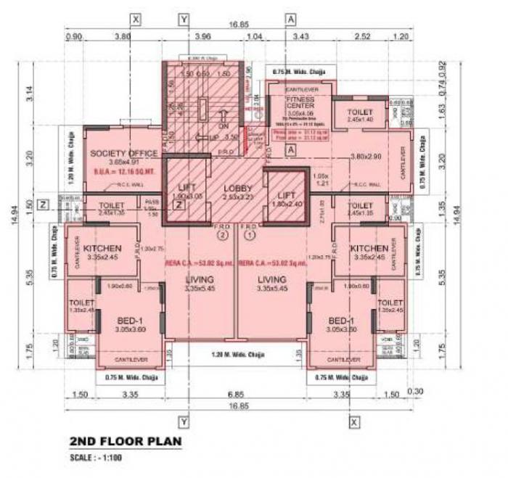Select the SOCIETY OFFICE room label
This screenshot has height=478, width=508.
coord(123,153)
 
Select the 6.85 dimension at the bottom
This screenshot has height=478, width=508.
coord(234,395)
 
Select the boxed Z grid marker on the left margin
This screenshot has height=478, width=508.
coord(43,205)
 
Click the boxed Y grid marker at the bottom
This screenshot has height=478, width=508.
coord(184,421)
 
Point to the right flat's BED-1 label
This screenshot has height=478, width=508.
coord(340,321)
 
